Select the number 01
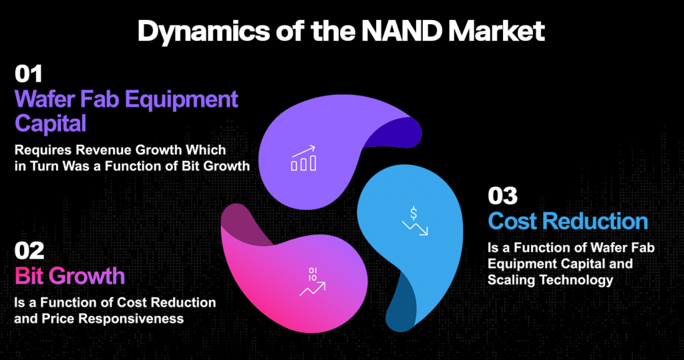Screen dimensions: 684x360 28,73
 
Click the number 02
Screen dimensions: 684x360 29,251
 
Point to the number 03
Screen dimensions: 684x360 502,196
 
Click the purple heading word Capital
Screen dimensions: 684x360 51,124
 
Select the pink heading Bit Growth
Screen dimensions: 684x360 69,276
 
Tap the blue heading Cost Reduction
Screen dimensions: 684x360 568,221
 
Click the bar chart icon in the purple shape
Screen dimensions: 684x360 304,158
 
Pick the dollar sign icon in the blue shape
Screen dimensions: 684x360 414,221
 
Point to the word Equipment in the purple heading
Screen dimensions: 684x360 182,100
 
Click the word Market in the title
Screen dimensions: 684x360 496,31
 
